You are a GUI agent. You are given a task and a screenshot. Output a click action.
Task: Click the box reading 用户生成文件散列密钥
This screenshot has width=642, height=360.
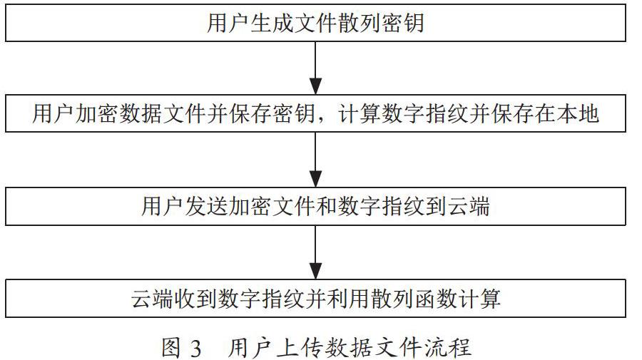[x=315, y=23]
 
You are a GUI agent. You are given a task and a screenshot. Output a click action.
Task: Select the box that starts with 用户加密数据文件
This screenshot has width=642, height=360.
[x=315, y=113]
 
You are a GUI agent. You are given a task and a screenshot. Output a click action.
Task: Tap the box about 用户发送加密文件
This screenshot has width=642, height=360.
[x=315, y=206]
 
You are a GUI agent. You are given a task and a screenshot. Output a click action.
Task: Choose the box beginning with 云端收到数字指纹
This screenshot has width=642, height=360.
[x=315, y=298]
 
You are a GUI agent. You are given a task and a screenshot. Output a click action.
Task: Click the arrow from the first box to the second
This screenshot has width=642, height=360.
[x=315, y=68]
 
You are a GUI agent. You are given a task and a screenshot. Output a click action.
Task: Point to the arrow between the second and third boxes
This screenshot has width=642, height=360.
[x=315, y=160]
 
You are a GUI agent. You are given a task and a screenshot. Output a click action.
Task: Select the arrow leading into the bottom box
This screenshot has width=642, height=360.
[x=315, y=252]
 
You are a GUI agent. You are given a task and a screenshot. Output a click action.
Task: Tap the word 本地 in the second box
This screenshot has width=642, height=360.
[x=578, y=113]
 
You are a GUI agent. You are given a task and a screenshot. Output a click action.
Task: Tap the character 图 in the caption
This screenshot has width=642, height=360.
[x=170, y=348]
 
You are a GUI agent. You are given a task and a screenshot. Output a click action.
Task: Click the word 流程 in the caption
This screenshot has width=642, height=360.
[x=449, y=348]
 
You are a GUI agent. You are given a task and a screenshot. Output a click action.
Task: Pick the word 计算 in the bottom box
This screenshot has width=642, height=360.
[x=479, y=299]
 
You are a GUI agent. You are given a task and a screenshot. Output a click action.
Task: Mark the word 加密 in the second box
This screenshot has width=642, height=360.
[x=98, y=113]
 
